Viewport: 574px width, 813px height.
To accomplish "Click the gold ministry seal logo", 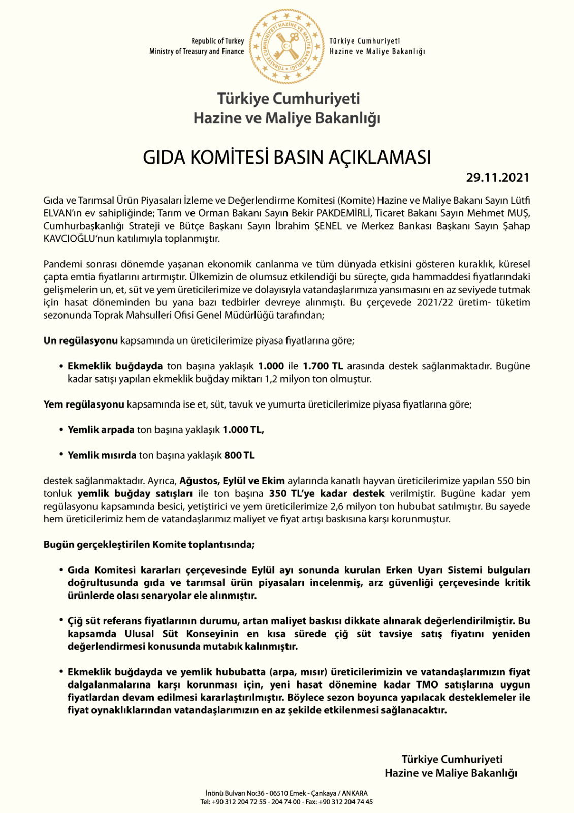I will click(x=286, y=46).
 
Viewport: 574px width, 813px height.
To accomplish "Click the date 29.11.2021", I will click(x=497, y=178).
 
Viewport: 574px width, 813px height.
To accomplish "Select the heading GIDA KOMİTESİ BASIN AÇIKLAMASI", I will click(x=286, y=158).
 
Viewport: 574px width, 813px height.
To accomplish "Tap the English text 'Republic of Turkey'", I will click(x=217, y=41).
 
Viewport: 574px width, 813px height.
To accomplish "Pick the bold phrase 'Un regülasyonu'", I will click(x=80, y=340).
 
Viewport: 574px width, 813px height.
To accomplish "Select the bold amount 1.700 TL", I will click(x=323, y=366).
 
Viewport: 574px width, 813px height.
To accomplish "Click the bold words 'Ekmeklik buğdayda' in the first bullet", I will click(x=115, y=366).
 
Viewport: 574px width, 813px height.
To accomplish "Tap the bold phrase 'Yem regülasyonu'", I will click(x=84, y=404).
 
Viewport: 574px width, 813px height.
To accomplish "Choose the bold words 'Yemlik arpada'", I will click(x=101, y=430).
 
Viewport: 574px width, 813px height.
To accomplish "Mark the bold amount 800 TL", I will click(x=239, y=455).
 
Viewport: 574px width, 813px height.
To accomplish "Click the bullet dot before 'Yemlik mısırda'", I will click(x=61, y=455).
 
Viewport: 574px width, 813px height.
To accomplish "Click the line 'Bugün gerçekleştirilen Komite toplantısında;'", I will click(x=149, y=545).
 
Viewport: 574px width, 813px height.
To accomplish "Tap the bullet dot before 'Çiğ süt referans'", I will click(x=61, y=620).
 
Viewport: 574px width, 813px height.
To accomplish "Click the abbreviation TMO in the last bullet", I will click(x=427, y=684).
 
